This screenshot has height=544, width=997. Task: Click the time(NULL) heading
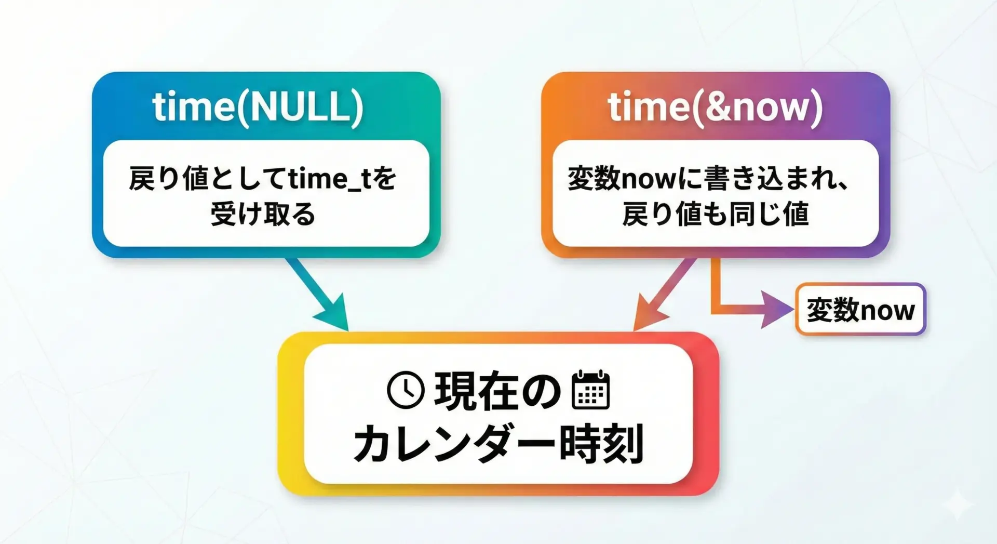(258, 107)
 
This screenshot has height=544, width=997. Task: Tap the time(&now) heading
(716, 107)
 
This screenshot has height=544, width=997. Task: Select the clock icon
(406, 390)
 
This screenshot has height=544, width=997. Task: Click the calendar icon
(590, 390)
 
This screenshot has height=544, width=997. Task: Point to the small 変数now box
(860, 309)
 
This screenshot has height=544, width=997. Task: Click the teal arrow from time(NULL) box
(317, 294)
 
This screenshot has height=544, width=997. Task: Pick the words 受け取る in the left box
(263, 214)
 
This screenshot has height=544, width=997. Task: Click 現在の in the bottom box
(497, 391)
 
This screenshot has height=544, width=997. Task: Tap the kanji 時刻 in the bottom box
(601, 443)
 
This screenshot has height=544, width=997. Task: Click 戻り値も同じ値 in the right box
(716, 214)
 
